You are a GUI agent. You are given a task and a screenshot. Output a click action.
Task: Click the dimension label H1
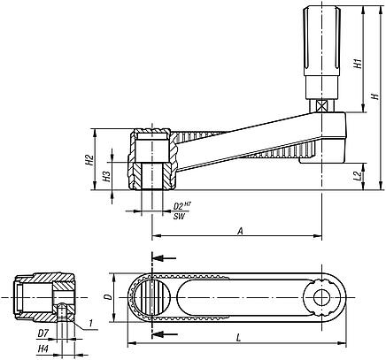[357, 64]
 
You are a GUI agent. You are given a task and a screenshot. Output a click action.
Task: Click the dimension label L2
[357, 177]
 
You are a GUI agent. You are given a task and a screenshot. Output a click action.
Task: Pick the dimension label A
[240, 230]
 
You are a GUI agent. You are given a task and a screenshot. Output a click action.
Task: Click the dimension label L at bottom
[240, 337]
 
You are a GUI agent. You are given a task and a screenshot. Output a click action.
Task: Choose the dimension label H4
[42, 349]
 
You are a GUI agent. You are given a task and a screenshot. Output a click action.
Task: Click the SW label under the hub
[180, 216]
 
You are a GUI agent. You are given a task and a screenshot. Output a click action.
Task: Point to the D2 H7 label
[180, 206]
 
